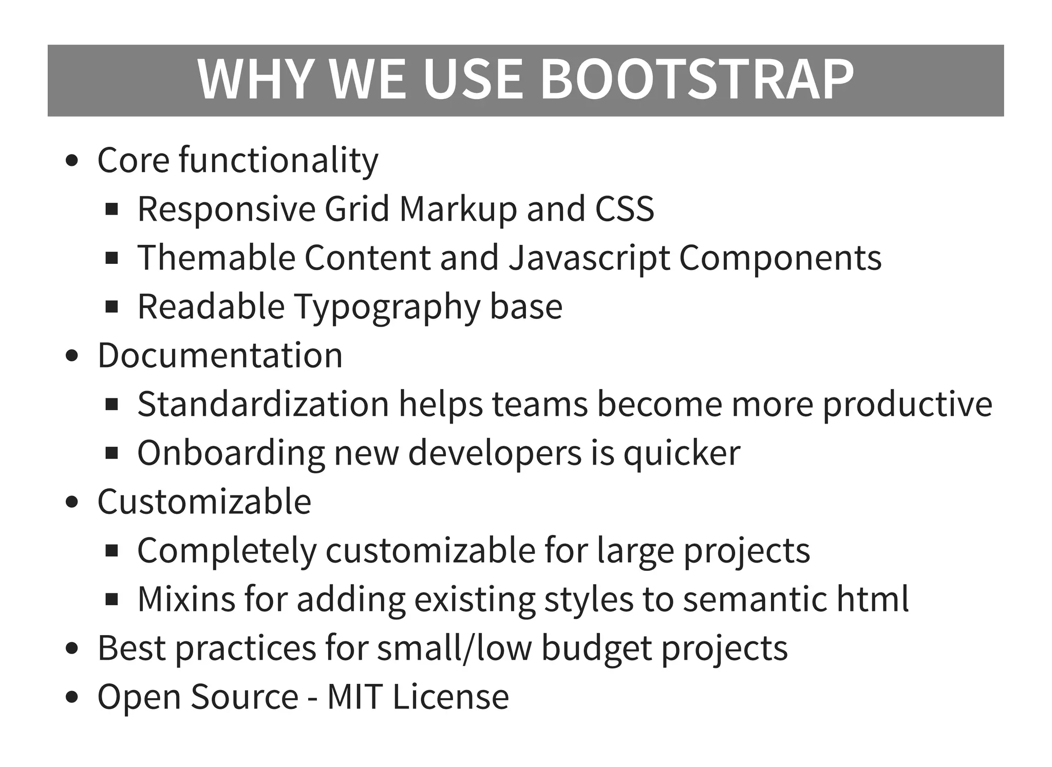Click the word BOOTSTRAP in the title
coord(697,80)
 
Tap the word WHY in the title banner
coord(255,80)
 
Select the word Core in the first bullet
coord(133,160)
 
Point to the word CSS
coord(624,209)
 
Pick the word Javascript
coord(589,258)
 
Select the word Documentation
coord(220,355)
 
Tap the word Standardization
coord(263,404)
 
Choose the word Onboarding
coord(231,453)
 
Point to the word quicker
coord(682,453)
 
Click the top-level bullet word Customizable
coord(204,502)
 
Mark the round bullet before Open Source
coord(72,697)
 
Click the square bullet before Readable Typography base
coord(111,307)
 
